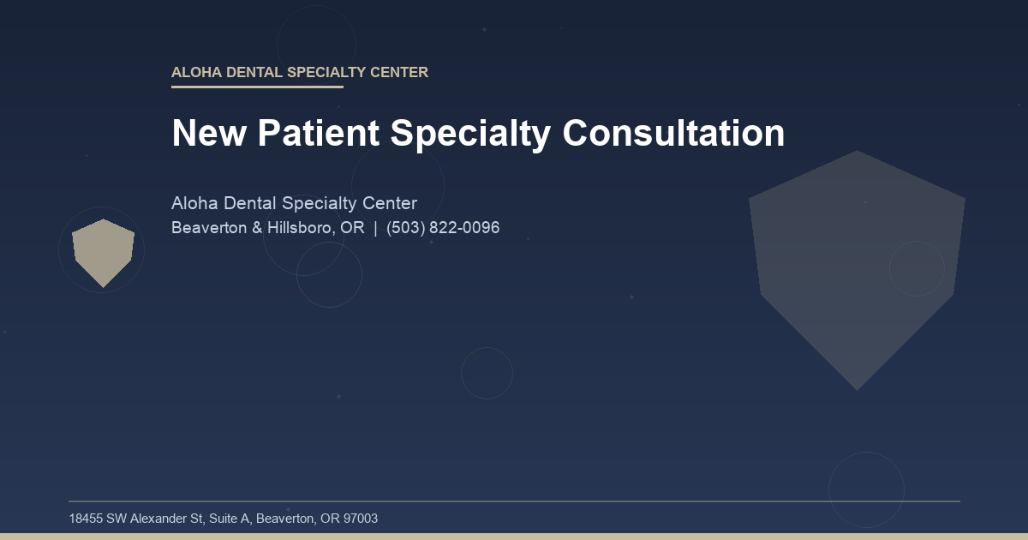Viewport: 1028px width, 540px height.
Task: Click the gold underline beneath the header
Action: coord(257,87)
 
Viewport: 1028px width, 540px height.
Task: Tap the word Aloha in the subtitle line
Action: coord(194,204)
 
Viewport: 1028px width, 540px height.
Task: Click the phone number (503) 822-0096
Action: coord(443,228)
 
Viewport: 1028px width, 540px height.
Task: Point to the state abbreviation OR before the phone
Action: coord(352,228)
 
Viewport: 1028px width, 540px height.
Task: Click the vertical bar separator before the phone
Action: coord(375,228)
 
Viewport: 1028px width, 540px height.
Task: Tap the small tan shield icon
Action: coord(103,250)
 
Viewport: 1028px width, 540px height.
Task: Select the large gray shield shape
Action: coord(857,266)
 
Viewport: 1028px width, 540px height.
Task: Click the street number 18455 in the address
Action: coord(86,519)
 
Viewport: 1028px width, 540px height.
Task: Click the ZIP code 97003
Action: coord(361,519)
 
